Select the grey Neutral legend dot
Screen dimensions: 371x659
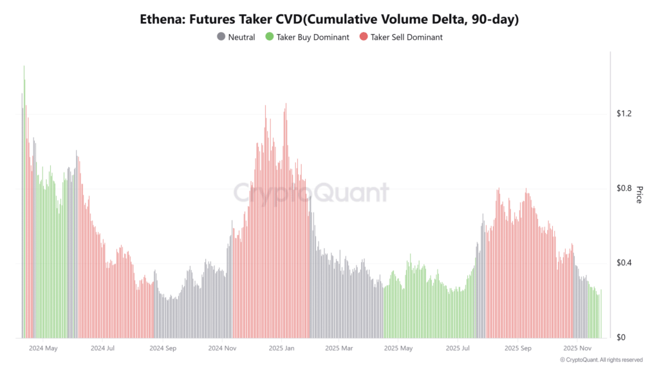pos(221,37)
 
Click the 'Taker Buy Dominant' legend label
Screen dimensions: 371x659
pos(313,37)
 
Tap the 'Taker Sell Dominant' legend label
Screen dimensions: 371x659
pos(406,37)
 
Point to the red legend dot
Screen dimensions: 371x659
pos(364,37)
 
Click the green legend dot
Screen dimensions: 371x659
pos(269,37)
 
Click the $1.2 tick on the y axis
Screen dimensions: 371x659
pos(625,114)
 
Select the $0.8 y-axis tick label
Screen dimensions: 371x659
pos(625,189)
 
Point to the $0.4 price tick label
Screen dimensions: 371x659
pos(625,263)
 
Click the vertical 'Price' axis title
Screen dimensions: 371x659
pos(639,195)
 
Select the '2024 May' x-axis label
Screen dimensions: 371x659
pos(43,348)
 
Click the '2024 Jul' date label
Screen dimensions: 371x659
pos(103,348)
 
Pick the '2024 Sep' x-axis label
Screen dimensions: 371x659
pos(162,348)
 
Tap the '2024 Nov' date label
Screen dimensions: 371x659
pos(223,348)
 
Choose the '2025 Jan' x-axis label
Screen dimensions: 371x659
pos(281,348)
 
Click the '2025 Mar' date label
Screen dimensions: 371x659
pos(339,348)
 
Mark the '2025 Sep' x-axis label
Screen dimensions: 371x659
pos(517,348)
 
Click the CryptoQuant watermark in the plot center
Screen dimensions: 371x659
pos(310,193)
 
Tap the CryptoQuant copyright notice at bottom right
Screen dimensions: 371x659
pos(601,360)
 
